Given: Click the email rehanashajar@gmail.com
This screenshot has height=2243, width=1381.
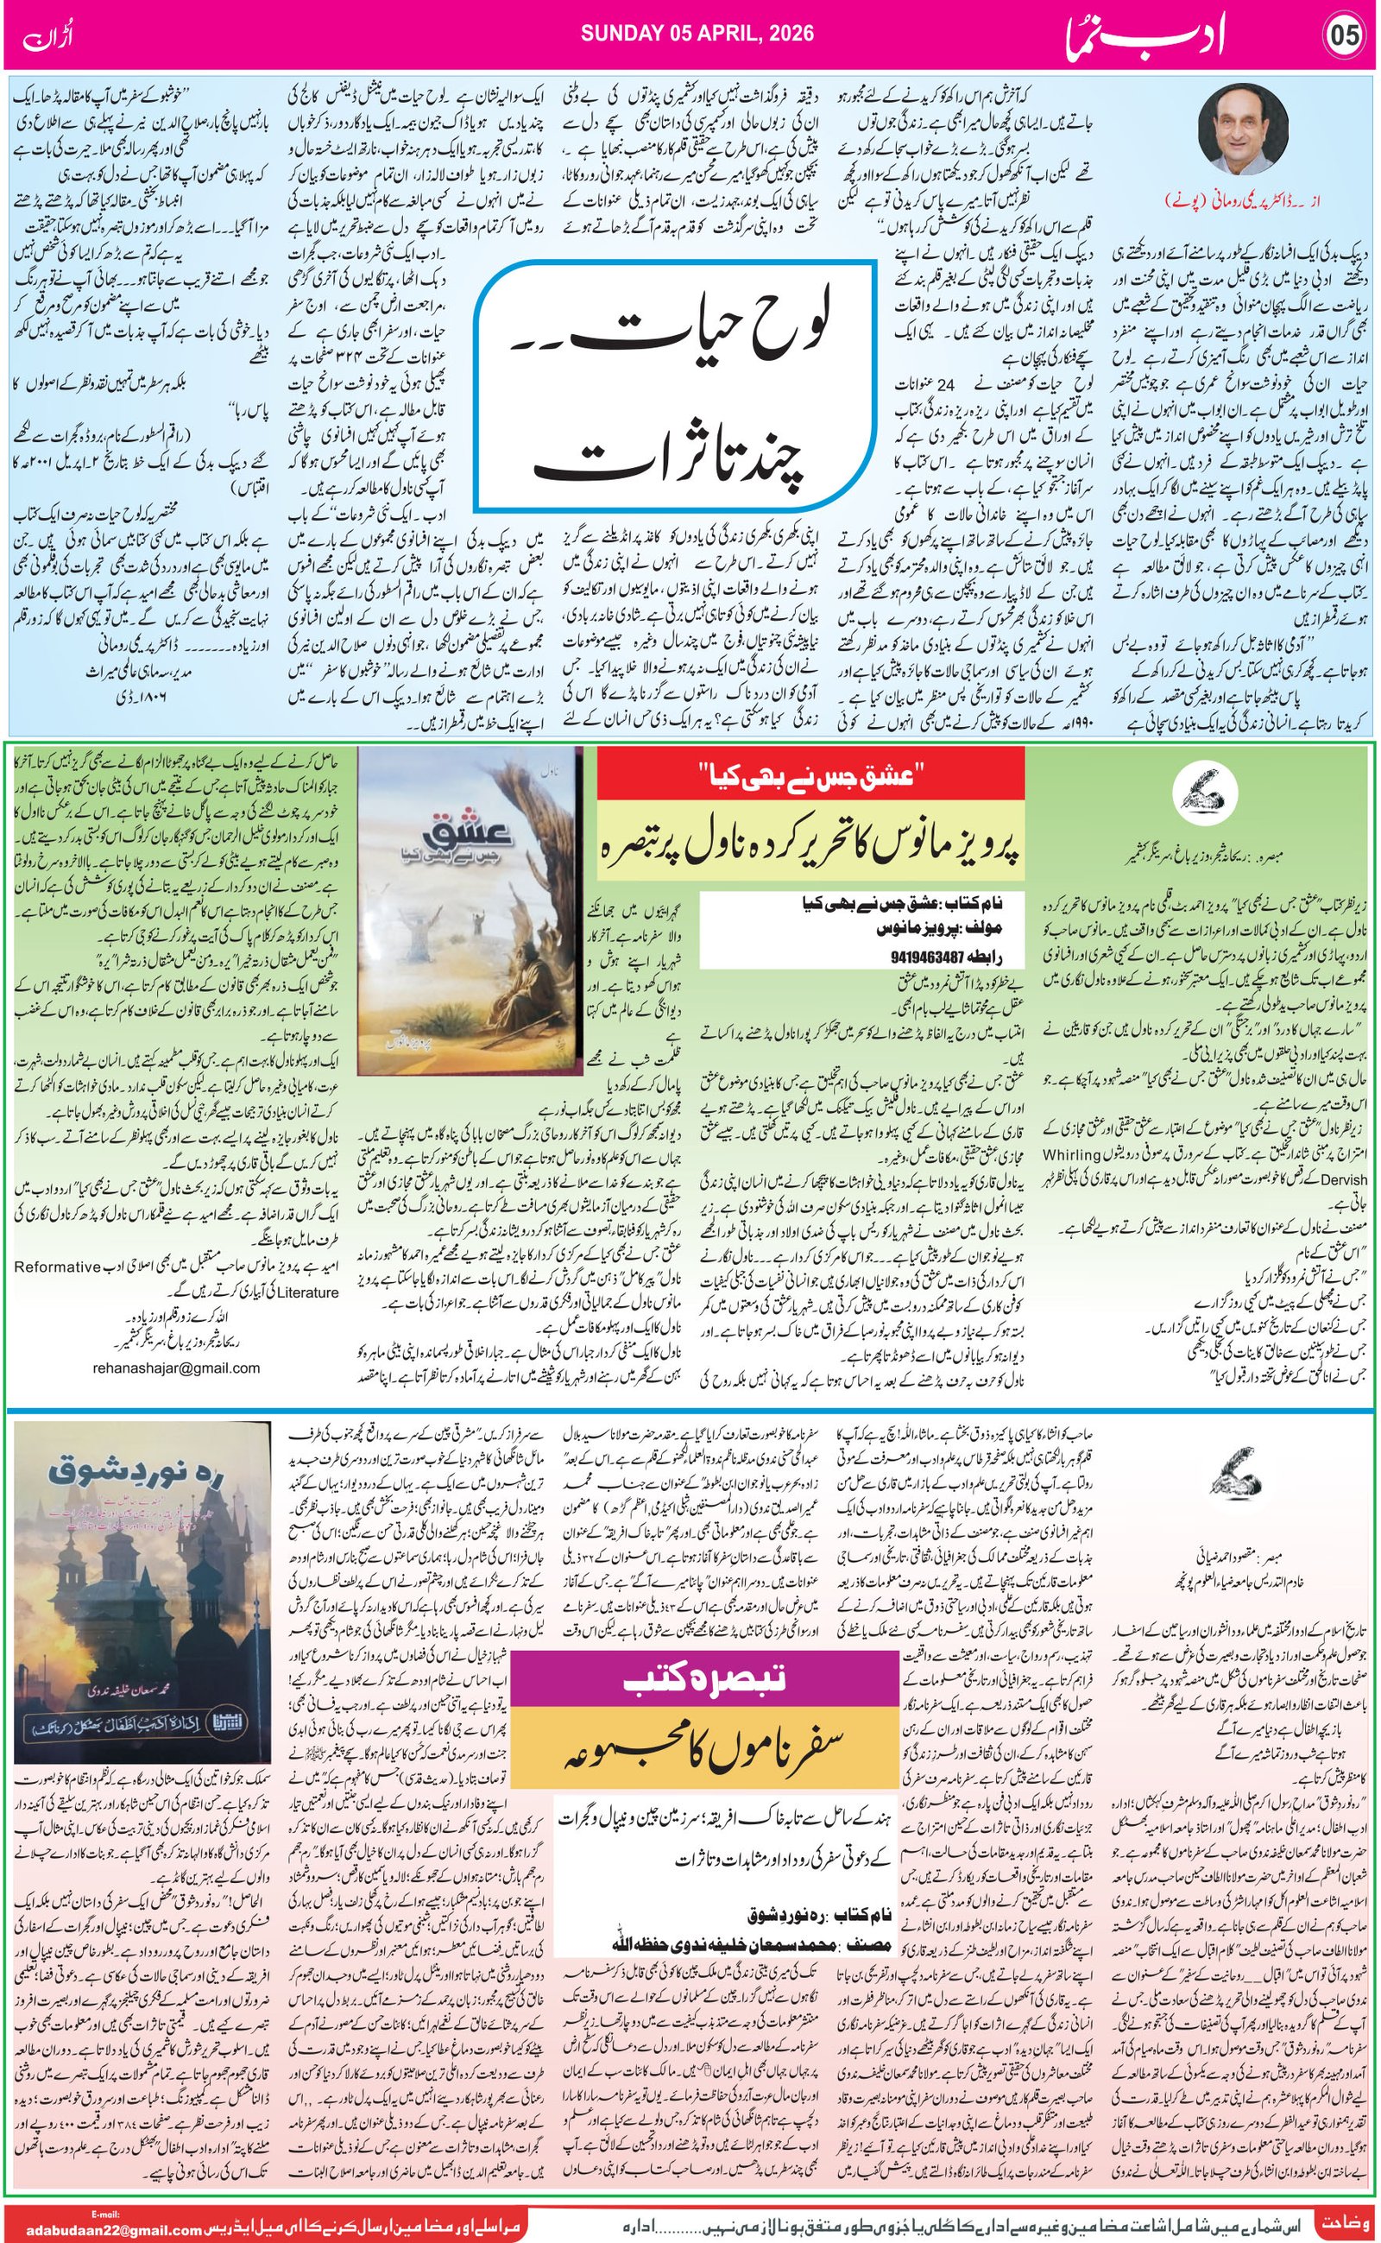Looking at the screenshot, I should [175, 1368].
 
